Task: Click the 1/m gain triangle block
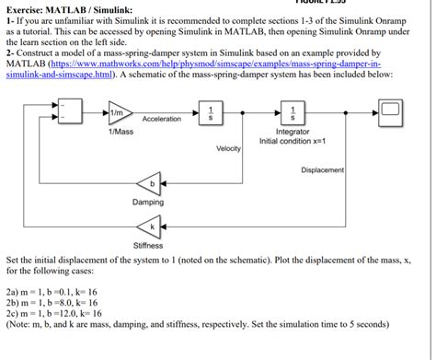pos(119,113)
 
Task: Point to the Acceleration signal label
pos(163,120)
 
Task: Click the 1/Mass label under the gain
pos(120,133)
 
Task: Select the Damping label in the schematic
pos(147,202)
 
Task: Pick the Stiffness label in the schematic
pos(147,245)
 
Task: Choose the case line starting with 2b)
pos(53,302)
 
